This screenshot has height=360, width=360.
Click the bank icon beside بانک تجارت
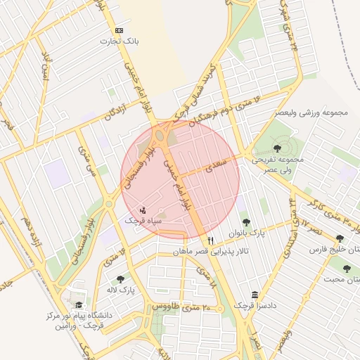119,30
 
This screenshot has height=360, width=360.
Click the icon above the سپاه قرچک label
143,210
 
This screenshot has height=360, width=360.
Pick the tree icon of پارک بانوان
245,222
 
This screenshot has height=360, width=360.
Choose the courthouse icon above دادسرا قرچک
255,295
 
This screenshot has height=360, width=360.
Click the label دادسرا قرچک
254,307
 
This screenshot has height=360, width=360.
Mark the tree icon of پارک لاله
120,278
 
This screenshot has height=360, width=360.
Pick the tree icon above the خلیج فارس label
341,238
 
